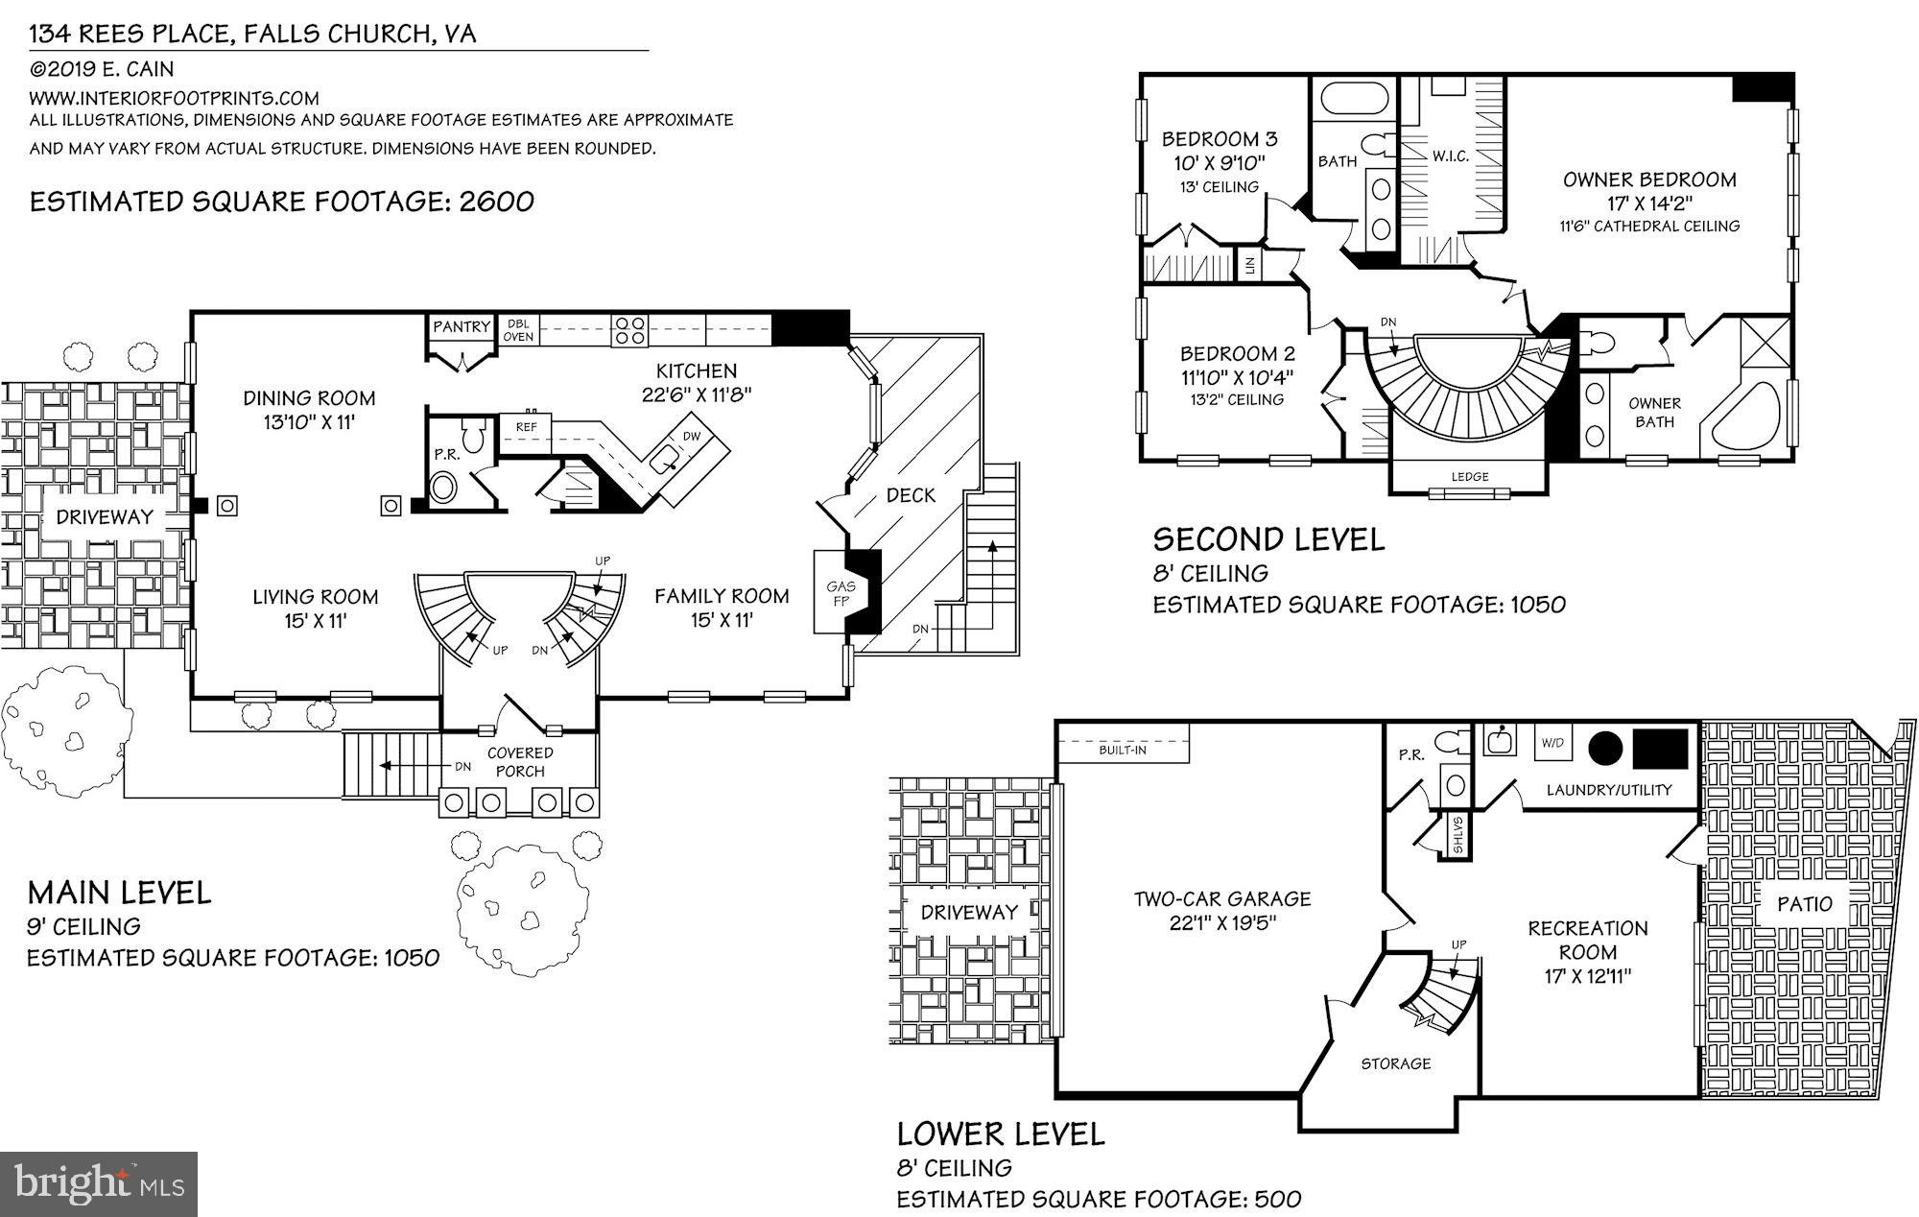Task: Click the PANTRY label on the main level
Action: click(x=461, y=327)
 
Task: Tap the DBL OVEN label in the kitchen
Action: click(x=518, y=330)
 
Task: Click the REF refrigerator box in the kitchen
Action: click(x=526, y=427)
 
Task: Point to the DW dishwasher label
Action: click(x=691, y=436)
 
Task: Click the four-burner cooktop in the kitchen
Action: click(x=629, y=330)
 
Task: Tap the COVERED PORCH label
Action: click(x=520, y=762)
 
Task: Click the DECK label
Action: click(x=910, y=495)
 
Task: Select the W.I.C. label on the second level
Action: click(x=1450, y=156)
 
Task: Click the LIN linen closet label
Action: click(x=1249, y=265)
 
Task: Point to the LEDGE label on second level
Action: click(x=1469, y=477)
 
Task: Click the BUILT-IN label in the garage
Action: click(x=1123, y=750)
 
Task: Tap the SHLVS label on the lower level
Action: click(x=1457, y=834)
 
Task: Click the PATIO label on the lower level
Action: click(x=1804, y=903)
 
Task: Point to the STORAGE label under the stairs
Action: click(x=1395, y=1063)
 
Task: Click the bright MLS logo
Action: click(x=100, y=1183)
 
